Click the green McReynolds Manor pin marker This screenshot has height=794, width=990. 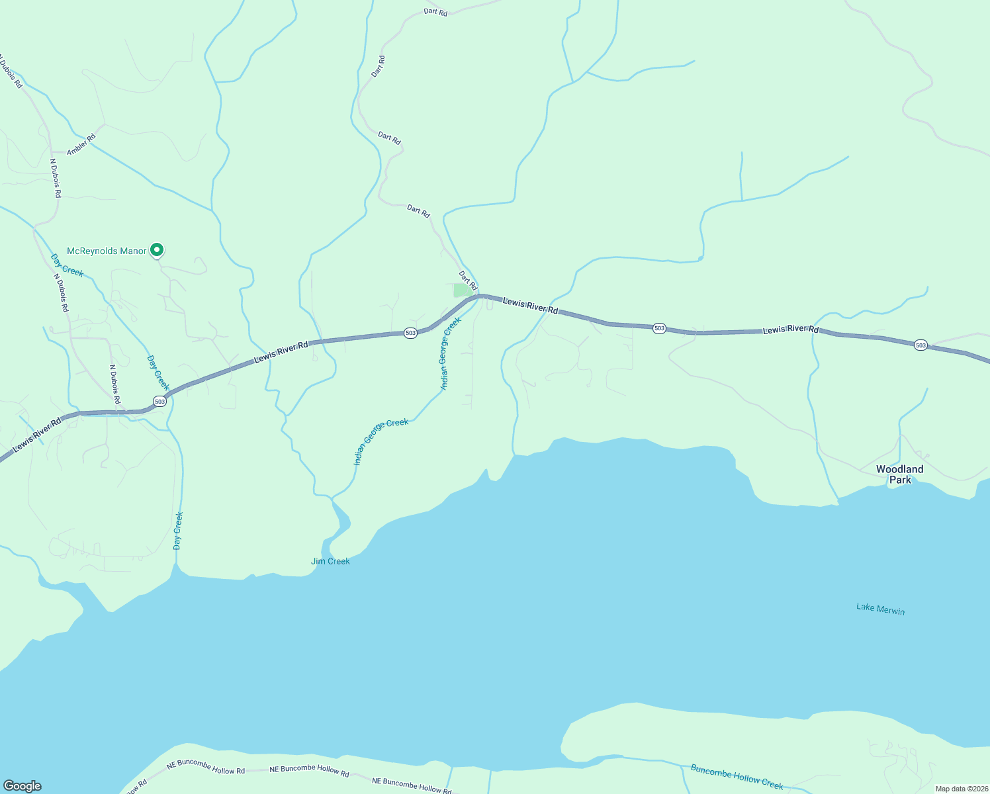pos(157,250)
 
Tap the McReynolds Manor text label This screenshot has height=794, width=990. pos(107,251)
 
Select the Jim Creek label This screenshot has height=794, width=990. pos(330,561)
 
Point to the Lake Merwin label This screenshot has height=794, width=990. pos(880,609)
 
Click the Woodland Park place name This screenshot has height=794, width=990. pos(899,474)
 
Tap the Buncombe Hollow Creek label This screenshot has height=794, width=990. pos(737,777)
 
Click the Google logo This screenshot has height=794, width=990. pos(22,786)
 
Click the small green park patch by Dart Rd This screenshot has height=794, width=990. pos(462,290)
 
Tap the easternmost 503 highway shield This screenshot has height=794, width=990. pos(921,345)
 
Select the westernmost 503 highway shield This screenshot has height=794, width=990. pos(159,401)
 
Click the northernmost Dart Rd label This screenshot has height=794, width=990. pos(435,12)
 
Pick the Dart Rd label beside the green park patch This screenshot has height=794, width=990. pos(468,280)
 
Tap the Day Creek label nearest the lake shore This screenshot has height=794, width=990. pos(177,531)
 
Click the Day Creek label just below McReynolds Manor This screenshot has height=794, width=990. pos(67,265)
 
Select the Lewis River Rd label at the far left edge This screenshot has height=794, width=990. pos(37,434)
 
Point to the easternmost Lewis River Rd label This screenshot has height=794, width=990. pos(790,330)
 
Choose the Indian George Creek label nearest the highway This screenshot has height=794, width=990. pos(450,354)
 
